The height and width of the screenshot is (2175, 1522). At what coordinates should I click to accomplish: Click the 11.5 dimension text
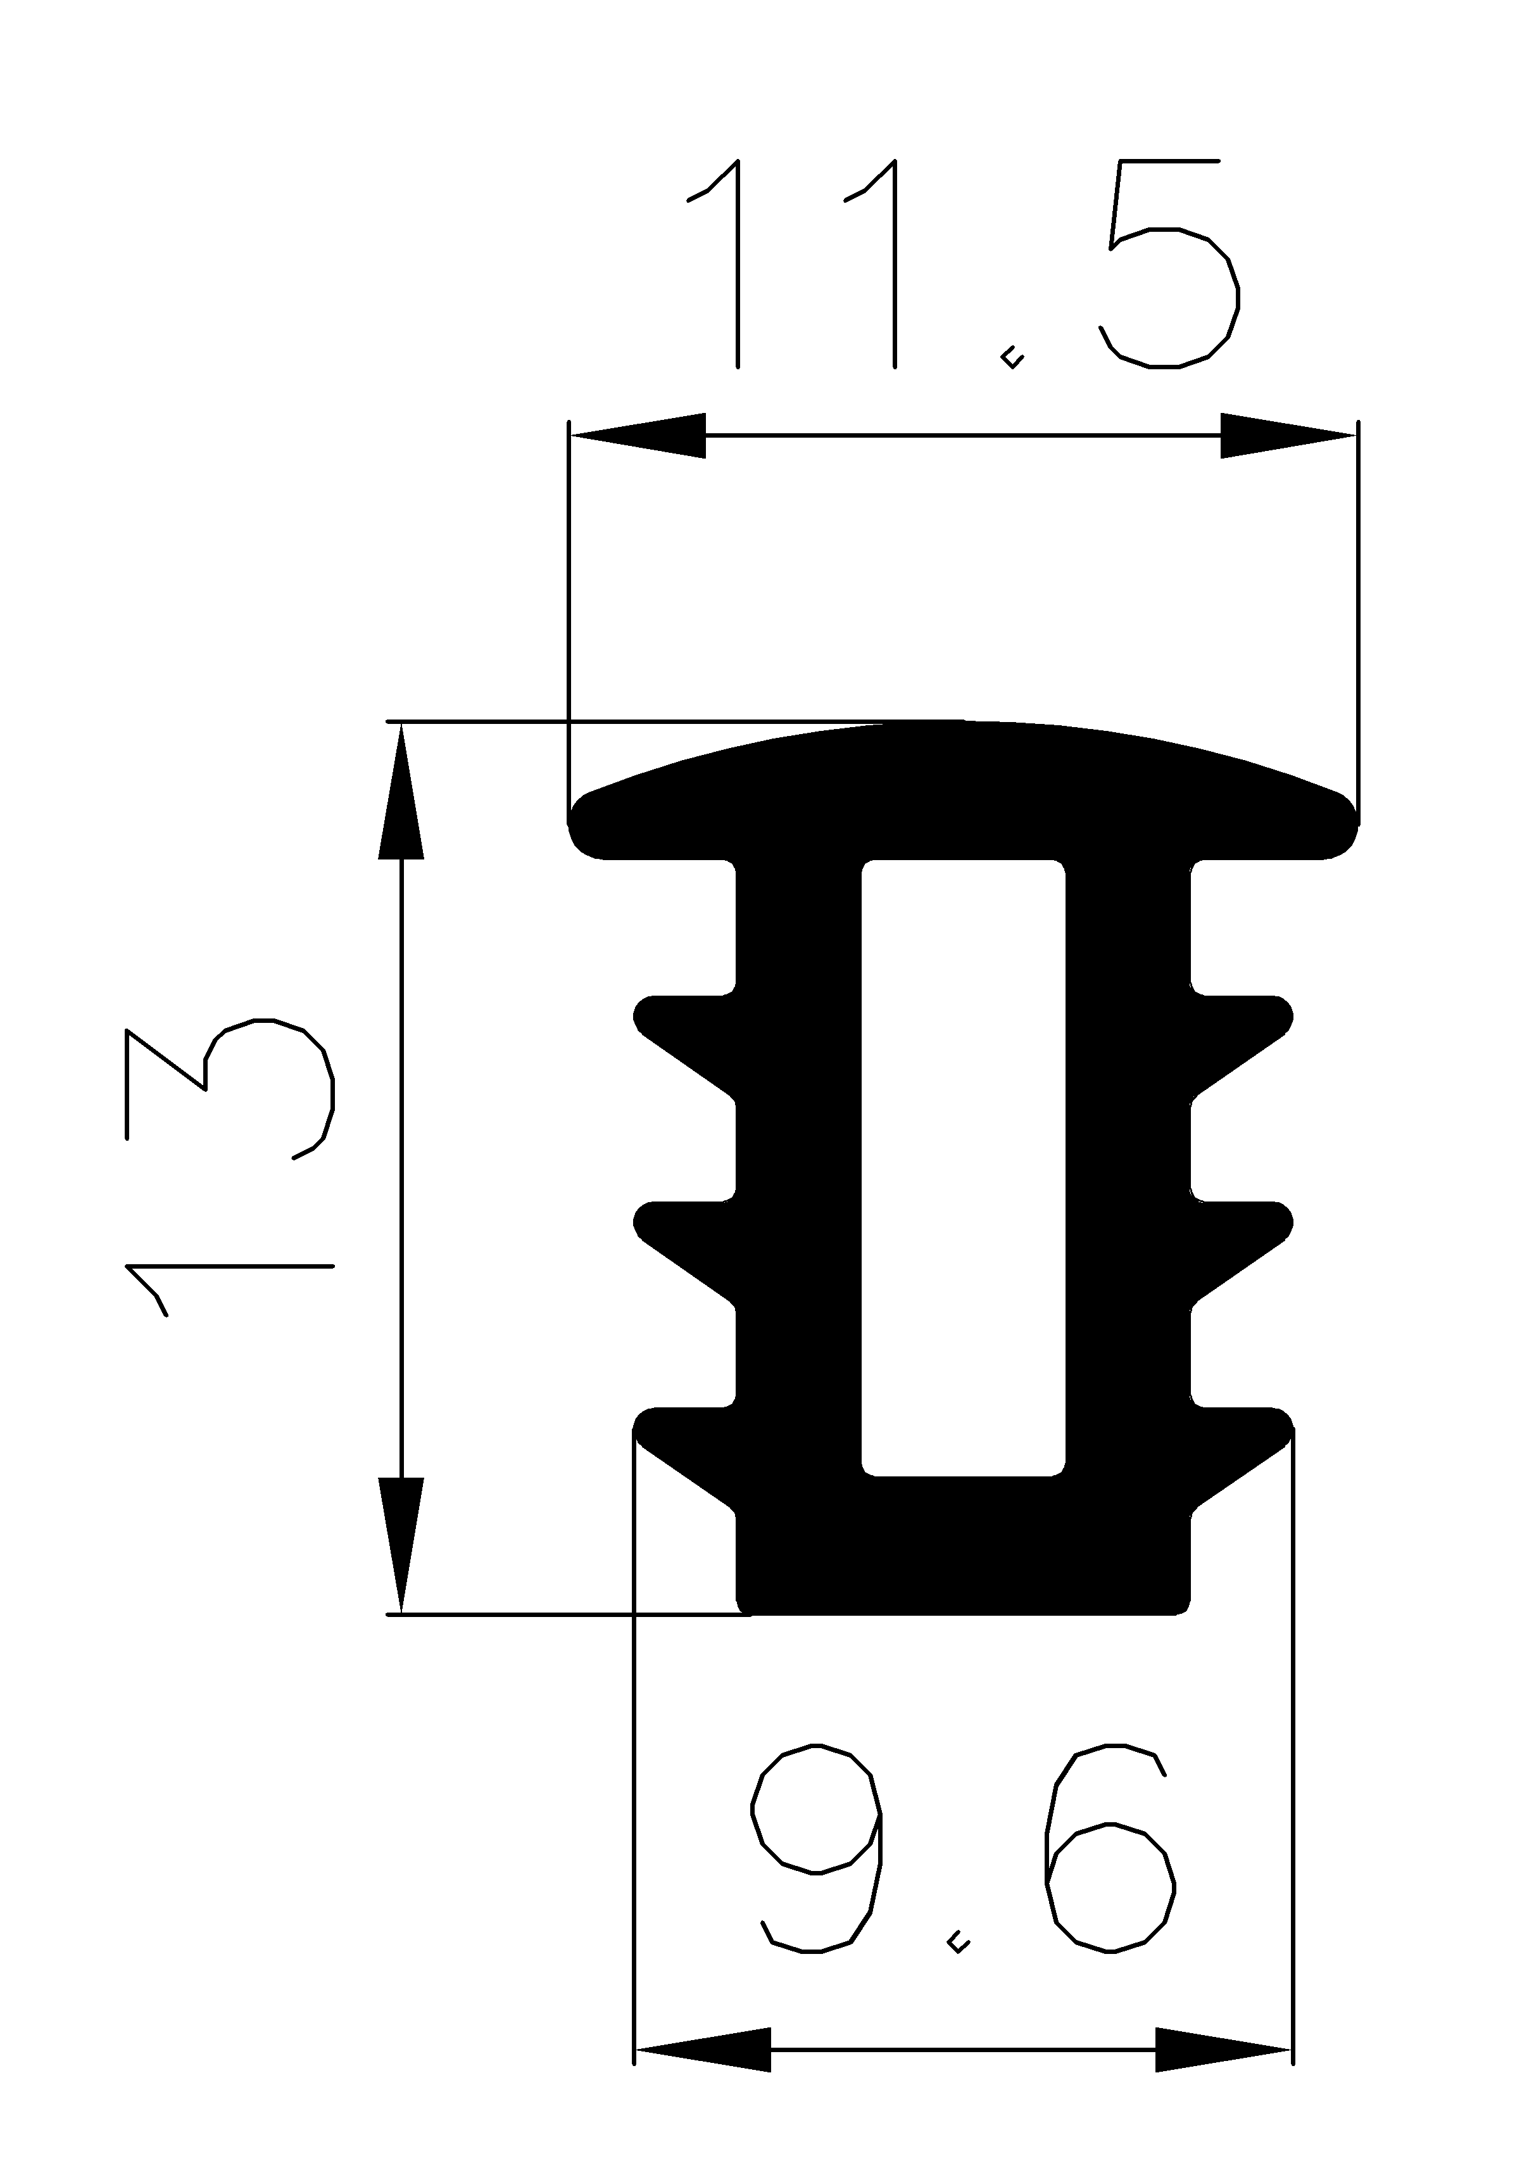[x=961, y=265]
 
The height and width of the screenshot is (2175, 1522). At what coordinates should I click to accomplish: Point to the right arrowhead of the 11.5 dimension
[x=1288, y=436]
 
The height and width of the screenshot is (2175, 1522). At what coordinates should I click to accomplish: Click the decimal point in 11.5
[x=1012, y=358]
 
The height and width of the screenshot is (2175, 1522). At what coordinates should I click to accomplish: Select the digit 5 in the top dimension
[x=1171, y=265]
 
